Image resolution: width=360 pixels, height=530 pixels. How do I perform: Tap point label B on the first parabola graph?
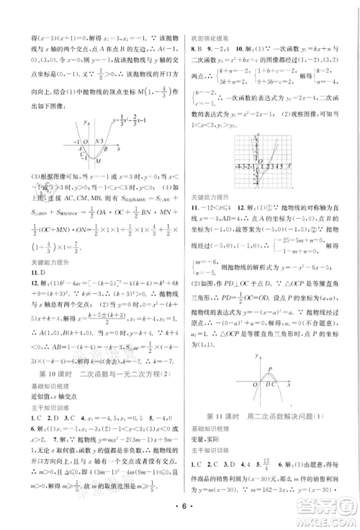[x=106, y=148]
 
